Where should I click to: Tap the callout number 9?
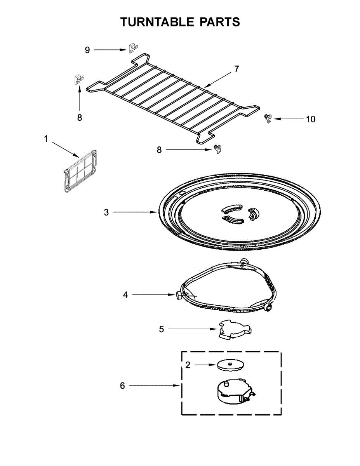(87, 50)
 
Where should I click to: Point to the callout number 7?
(237, 69)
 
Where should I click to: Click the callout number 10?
(311, 119)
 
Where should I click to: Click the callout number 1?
(46, 139)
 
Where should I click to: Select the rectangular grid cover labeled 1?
(80, 170)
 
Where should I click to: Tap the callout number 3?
(106, 212)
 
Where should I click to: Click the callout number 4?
(125, 295)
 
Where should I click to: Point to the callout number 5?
(161, 329)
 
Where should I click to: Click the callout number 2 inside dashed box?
(188, 365)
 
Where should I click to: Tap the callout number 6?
(122, 386)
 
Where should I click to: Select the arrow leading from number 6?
(153, 386)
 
